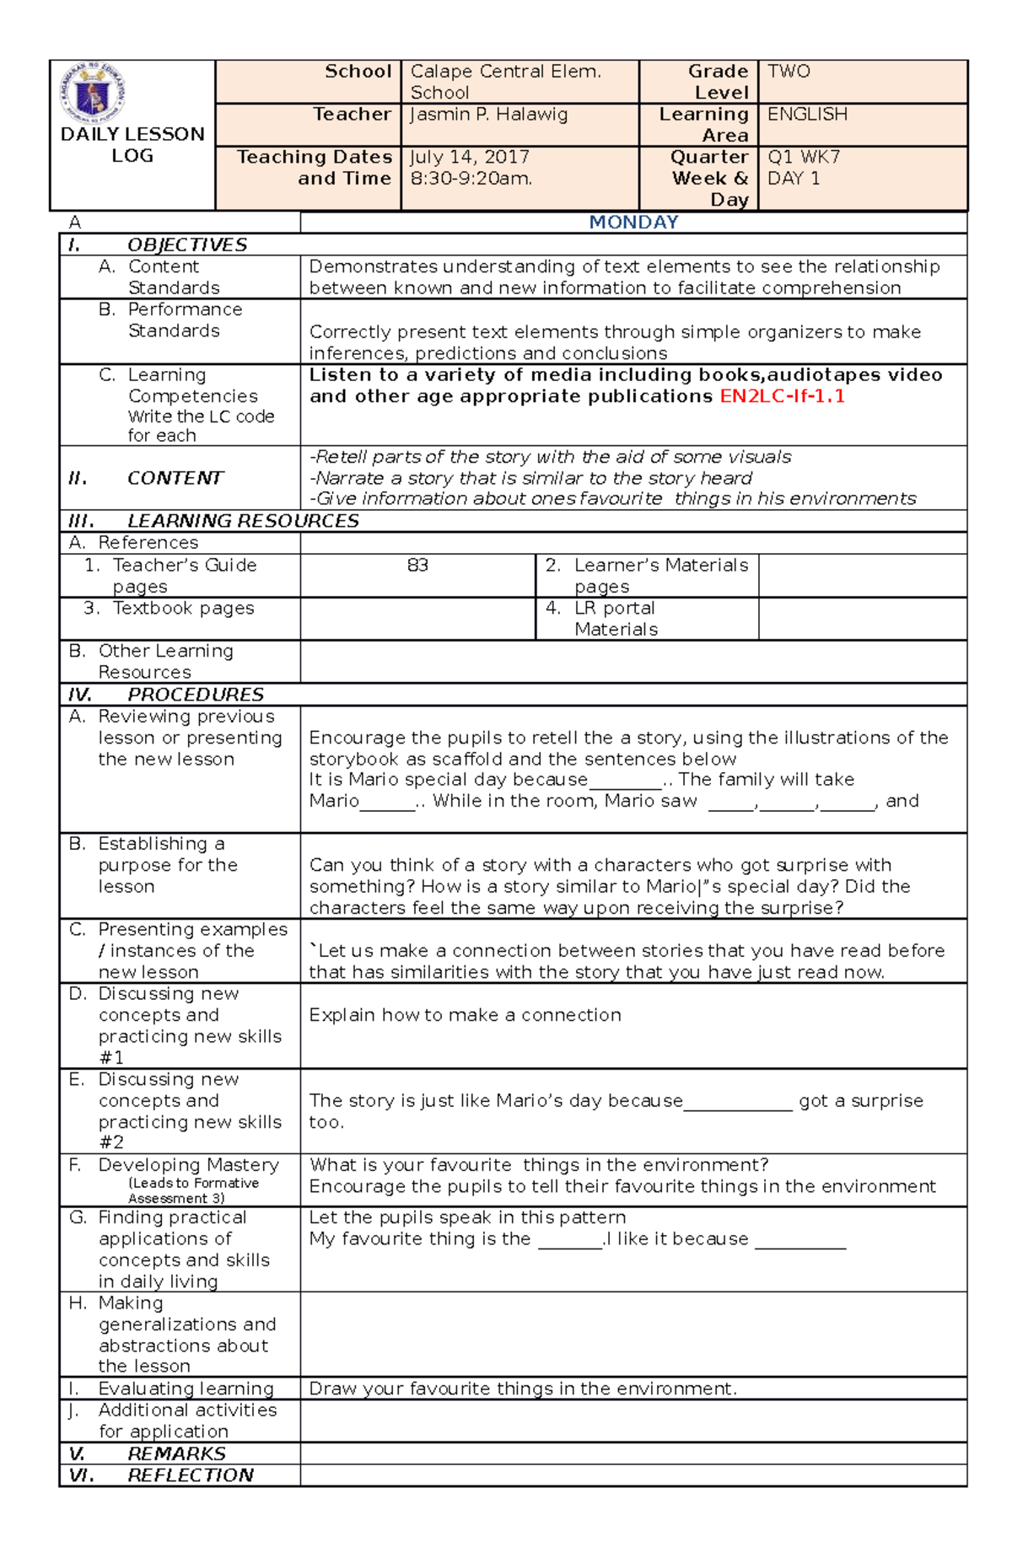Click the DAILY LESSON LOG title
[132, 145]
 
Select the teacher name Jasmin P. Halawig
[488, 114]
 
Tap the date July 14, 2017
[470, 157]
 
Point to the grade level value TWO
[789, 72]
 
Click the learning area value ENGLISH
[807, 114]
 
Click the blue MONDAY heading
[633, 222]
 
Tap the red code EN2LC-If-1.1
[782, 396]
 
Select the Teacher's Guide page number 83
[417, 565]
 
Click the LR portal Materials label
[616, 619]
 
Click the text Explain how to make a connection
[465, 1015]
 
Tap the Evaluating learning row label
[186, 1389]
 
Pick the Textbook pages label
[183, 608]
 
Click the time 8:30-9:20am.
[471, 179]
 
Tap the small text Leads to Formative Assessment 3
[193, 1190]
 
